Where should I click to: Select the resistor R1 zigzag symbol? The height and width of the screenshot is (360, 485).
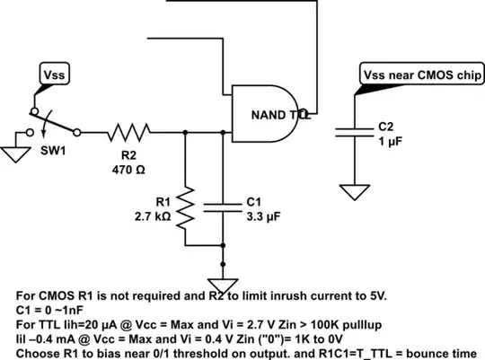pyautogui.click(x=186, y=206)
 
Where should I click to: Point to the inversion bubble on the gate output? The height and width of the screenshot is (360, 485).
pyautogui.click(x=304, y=114)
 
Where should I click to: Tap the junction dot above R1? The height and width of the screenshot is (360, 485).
pyautogui.click(x=186, y=133)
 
